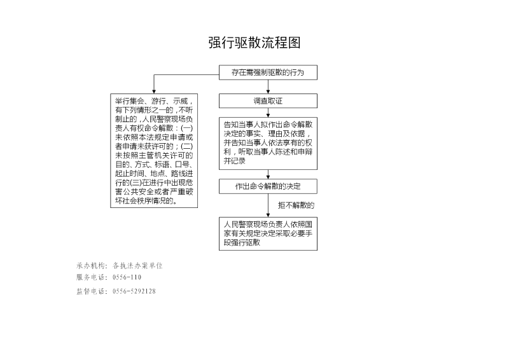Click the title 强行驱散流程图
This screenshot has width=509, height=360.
pyautogui.click(x=254, y=43)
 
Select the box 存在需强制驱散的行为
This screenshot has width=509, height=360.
pyautogui.click(x=268, y=73)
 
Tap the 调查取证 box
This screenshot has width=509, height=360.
pyautogui.click(x=268, y=101)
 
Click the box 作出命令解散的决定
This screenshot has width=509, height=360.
pyautogui.click(x=268, y=186)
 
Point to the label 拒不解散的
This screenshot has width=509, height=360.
pyautogui.click(x=296, y=205)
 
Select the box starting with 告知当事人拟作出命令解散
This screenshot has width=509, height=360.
pyautogui.click(x=268, y=143)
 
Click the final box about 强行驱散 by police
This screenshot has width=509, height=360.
pyautogui.click(x=268, y=233)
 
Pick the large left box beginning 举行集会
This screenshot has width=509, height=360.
pyautogui.click(x=154, y=151)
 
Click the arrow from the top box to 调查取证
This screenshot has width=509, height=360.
pyautogui.click(x=268, y=87)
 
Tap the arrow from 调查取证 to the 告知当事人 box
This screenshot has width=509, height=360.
pyautogui.click(x=268, y=113)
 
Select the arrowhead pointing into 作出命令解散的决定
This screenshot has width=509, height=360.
pyautogui.click(x=268, y=177)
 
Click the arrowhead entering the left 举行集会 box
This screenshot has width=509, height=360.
pyautogui.click(x=154, y=92)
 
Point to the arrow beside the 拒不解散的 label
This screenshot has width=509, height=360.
pyautogui.click(x=268, y=205)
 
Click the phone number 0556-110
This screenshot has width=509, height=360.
pyautogui.click(x=127, y=277)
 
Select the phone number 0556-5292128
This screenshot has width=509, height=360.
pyautogui.click(x=134, y=291)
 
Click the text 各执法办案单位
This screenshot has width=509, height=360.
pyautogui.click(x=137, y=265)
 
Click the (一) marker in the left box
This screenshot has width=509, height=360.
pyautogui.click(x=186, y=128)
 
